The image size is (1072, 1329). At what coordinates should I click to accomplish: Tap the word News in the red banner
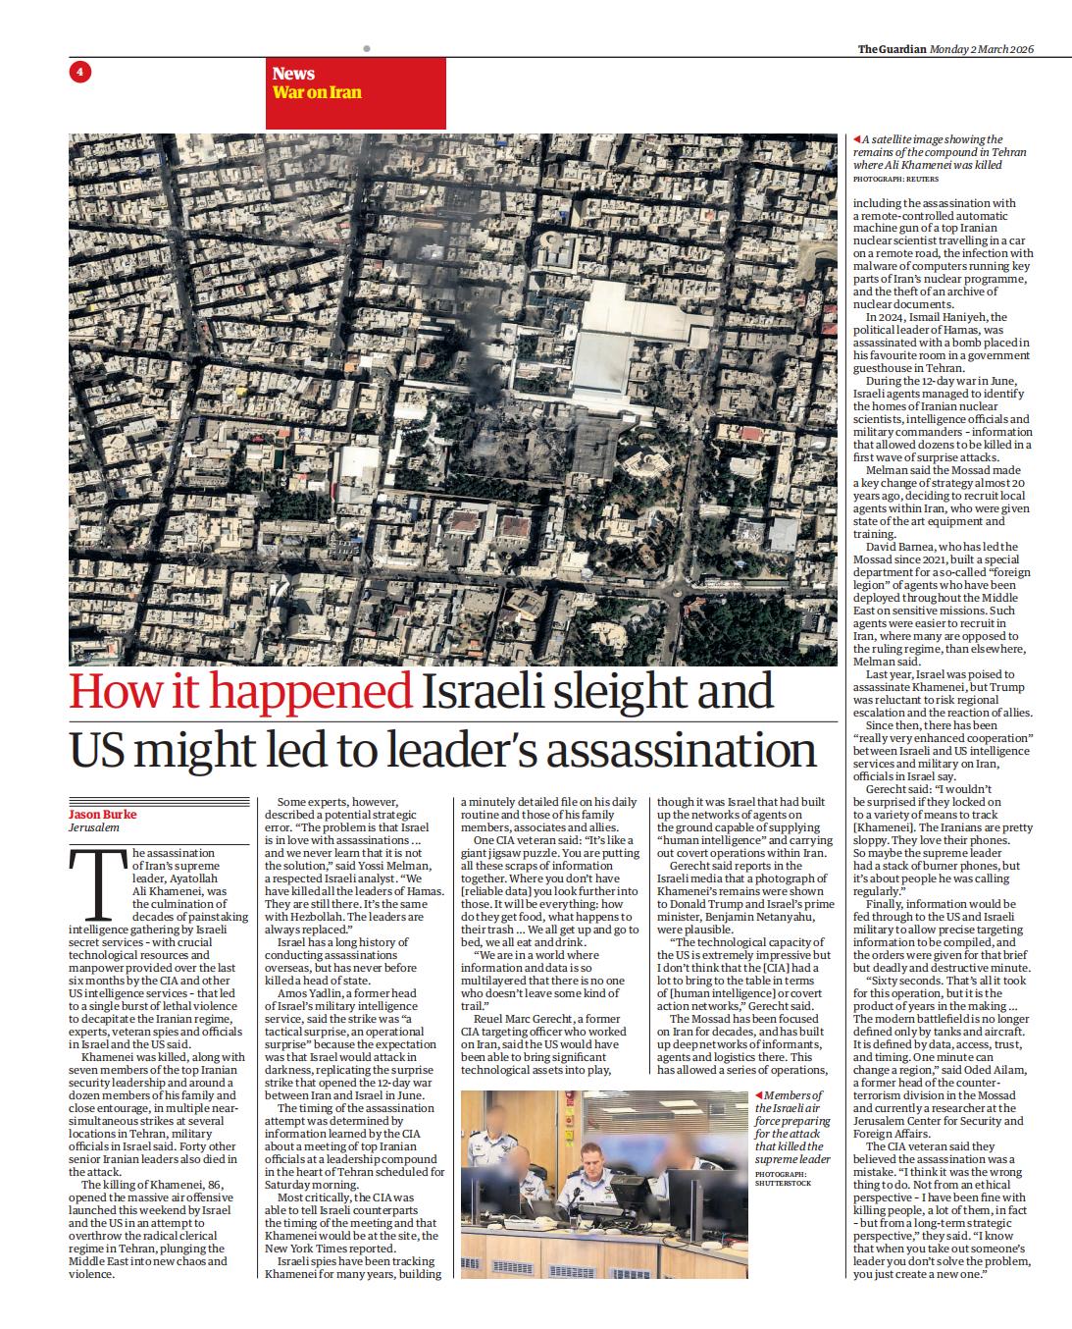(293, 74)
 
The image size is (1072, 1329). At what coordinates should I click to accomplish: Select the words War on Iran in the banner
(317, 93)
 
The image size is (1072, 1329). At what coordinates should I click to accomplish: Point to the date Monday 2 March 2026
(982, 50)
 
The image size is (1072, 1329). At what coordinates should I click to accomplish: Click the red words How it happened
(240, 693)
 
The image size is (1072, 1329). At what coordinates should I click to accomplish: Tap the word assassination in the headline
(679, 751)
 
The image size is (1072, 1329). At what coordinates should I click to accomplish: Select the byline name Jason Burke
(102, 815)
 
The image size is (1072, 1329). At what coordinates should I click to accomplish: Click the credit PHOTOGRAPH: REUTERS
(894, 181)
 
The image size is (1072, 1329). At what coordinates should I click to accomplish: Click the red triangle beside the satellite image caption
(857, 140)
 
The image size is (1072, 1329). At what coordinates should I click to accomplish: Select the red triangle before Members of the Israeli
(758, 1095)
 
